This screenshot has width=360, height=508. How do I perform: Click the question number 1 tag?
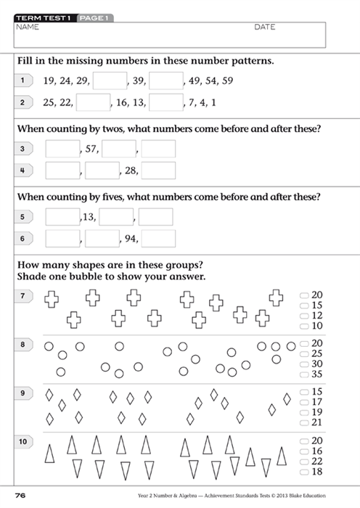coord(22,80)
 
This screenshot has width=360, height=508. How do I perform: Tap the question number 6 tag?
coord(22,239)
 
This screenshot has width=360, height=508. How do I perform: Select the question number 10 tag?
coord(23,441)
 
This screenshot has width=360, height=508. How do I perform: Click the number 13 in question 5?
coord(89,217)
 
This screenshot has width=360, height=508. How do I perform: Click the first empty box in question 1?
coord(110,80)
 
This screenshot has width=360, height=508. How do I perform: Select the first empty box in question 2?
coord(93,103)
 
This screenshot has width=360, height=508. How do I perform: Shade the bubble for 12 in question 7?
coord(303,316)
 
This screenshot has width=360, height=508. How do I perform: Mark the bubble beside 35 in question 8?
coord(303,374)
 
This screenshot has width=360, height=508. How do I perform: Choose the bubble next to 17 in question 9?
coord(303,401)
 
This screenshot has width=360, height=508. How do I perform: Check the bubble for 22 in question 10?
coord(303,462)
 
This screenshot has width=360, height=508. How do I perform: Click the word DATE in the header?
coord(265,27)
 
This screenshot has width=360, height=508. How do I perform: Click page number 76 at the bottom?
coord(20,495)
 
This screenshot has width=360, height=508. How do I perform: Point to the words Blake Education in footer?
coord(328,496)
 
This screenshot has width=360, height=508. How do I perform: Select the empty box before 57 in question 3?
coord(62,149)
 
